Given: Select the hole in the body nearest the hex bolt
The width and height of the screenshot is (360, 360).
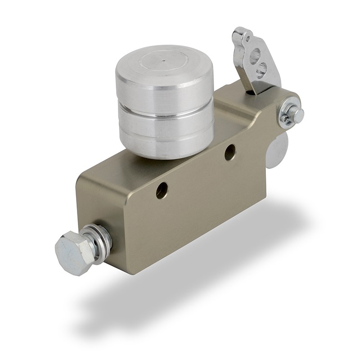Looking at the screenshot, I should click(x=162, y=190).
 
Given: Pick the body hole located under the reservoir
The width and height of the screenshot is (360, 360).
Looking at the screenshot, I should click(x=230, y=152).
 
